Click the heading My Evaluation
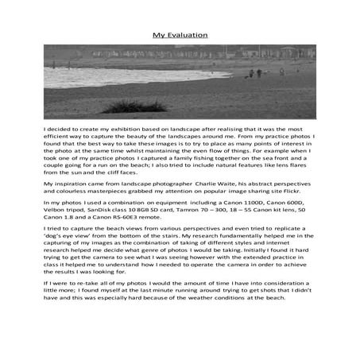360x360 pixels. (180, 35)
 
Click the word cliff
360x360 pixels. (105, 172)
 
